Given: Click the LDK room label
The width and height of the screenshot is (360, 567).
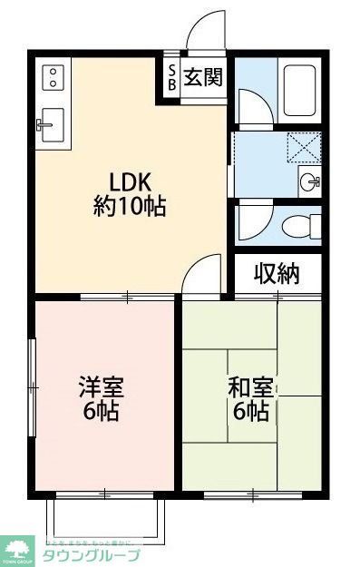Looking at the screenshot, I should click(x=130, y=178).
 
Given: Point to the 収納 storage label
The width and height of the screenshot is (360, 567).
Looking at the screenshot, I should click(x=276, y=273).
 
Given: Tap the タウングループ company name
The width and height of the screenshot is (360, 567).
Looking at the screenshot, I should click(x=91, y=554).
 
